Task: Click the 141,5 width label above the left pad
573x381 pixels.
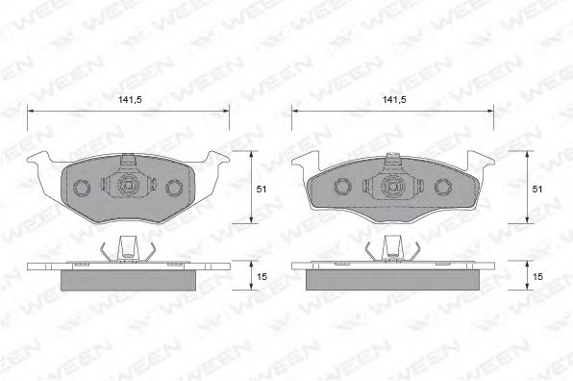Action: coord(128,98)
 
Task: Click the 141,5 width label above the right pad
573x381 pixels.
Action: coord(392,98)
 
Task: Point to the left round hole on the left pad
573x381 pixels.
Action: coord(83,187)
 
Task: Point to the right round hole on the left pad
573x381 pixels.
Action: coord(174,187)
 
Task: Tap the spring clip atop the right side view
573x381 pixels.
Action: coord(392,249)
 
